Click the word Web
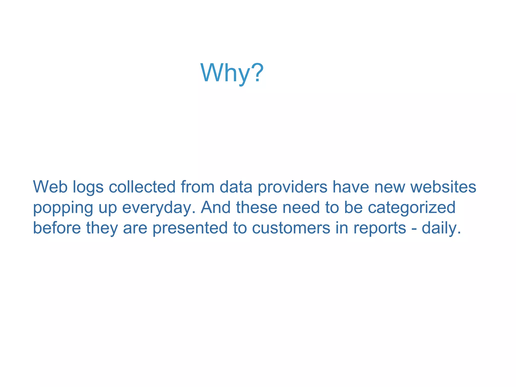(50, 187)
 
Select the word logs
(88, 188)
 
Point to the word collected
(142, 187)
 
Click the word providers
(293, 188)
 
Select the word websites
(443, 187)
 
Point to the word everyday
(159, 208)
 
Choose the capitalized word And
(216, 207)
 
